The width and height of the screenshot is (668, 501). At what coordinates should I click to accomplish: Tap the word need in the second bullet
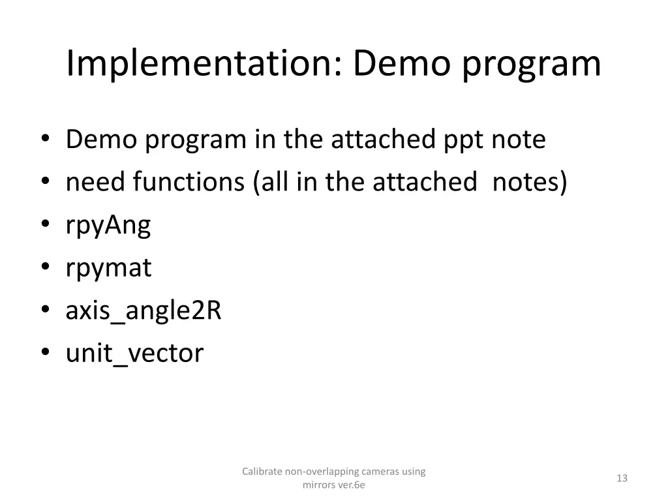(96, 183)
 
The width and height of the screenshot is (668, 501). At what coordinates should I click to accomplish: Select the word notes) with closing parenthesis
(530, 183)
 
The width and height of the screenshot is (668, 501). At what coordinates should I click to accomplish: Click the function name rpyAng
(108, 226)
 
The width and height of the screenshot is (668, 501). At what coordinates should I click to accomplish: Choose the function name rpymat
(108, 269)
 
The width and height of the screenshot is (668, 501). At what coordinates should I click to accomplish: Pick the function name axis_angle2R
(144, 311)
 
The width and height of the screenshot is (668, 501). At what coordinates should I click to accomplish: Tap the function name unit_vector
(134, 354)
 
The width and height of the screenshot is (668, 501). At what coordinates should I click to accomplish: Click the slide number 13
(622, 478)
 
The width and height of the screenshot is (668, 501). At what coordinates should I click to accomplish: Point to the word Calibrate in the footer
(262, 471)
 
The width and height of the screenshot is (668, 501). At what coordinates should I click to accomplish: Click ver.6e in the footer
(351, 485)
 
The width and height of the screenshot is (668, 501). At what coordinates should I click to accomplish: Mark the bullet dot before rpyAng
(45, 226)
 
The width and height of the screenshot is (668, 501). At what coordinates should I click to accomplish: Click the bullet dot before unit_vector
(45, 354)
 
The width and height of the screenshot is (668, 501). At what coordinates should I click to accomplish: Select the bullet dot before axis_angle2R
(45, 311)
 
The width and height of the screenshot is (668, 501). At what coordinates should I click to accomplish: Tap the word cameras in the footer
(371, 471)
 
